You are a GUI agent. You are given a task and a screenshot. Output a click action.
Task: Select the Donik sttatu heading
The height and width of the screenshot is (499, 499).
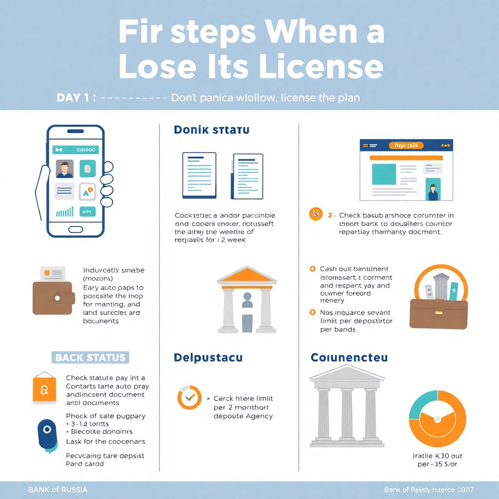coord(211,130)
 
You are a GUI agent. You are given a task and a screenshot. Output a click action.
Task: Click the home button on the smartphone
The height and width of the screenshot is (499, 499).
coord(76,229)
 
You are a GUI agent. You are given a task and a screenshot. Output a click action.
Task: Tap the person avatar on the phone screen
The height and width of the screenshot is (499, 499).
coord(64,169)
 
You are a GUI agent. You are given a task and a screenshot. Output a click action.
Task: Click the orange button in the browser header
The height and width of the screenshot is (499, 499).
coord(406,145)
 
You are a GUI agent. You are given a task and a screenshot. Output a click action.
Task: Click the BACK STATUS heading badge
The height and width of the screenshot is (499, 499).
coord(90,358)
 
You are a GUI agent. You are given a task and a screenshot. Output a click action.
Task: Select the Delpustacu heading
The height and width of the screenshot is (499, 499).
coord(208,358)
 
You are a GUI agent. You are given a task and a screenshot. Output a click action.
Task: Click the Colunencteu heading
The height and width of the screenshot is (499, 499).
coord(349,358)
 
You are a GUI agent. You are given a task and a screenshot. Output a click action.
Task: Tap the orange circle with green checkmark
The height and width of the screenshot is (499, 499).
coord(189,397)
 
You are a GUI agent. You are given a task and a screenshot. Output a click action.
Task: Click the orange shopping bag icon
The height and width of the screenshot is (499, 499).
coord(44,388)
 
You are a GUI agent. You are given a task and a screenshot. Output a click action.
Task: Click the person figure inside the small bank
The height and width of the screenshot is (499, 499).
coord(247,312)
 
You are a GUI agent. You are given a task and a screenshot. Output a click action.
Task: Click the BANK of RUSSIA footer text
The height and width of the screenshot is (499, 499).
coord(58,489)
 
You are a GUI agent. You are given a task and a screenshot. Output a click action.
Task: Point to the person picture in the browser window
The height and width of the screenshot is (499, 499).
coord(433,190)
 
